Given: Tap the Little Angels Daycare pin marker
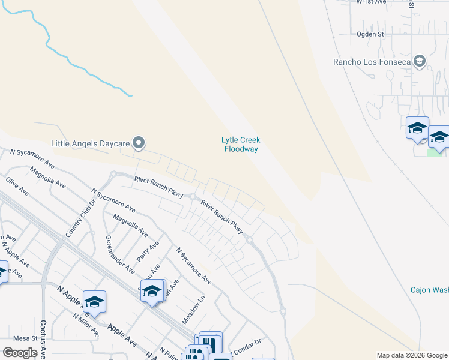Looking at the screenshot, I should (x=139, y=143).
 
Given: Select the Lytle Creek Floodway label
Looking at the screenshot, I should (x=241, y=144).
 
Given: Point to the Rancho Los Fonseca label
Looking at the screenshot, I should (x=372, y=62).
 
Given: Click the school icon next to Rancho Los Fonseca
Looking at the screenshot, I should (x=420, y=61).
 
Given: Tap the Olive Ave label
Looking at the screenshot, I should (x=17, y=186).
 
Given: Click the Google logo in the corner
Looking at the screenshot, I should (x=20, y=353).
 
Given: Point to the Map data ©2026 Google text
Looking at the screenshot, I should (x=412, y=355).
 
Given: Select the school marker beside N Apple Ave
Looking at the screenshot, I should (x=94, y=301).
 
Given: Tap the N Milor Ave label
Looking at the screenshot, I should (x=86, y=324).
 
